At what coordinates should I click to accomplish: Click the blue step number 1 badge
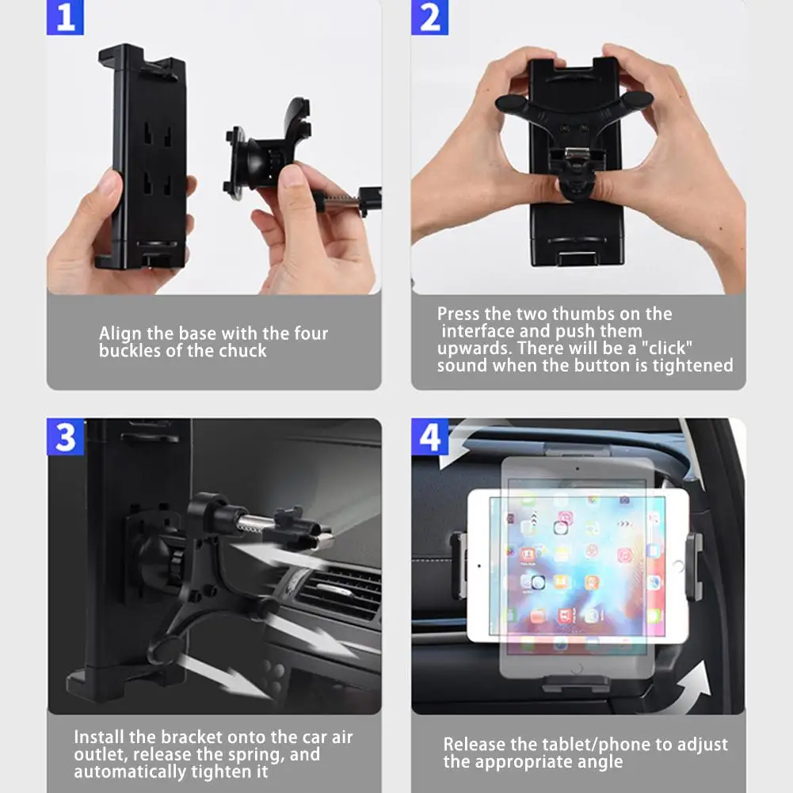click(x=65, y=17)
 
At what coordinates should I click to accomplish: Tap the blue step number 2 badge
click(x=429, y=17)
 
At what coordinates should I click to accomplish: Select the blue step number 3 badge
click(x=65, y=437)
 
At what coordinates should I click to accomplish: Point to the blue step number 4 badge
click(x=429, y=437)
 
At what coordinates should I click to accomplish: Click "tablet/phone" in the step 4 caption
click(x=596, y=745)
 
